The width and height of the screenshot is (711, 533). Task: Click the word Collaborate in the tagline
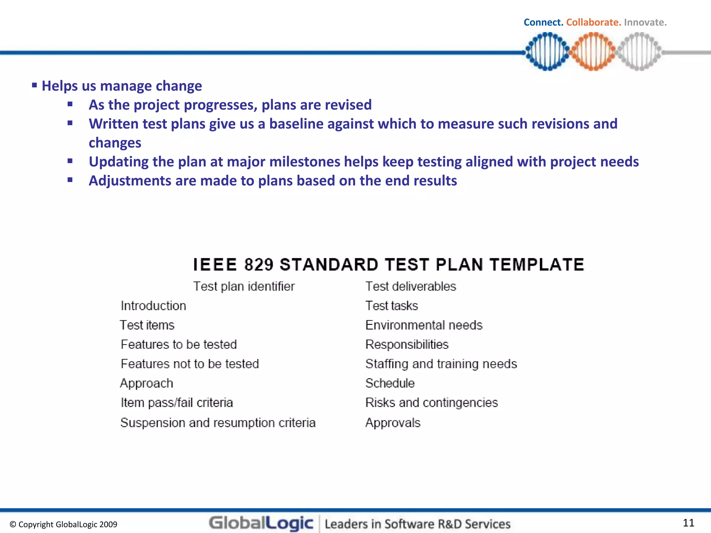click(x=593, y=23)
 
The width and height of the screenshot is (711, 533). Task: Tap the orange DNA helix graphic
click(x=593, y=51)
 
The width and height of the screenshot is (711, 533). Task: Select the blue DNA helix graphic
click(x=547, y=51)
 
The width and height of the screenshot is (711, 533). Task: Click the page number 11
click(x=688, y=523)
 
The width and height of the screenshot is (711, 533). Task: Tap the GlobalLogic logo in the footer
click(x=261, y=523)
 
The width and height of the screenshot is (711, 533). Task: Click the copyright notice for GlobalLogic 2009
click(x=64, y=524)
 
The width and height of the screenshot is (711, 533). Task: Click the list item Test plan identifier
click(x=244, y=287)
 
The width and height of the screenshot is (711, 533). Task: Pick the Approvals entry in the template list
click(x=393, y=423)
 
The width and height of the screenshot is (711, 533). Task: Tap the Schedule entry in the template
click(x=390, y=383)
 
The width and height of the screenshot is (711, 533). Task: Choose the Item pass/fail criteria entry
click(x=176, y=403)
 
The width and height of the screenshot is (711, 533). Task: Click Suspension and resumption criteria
click(x=218, y=423)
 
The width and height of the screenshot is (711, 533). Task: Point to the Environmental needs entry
click(x=424, y=325)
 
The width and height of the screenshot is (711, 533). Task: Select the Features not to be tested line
click(x=190, y=364)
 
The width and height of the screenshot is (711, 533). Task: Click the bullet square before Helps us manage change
click(x=34, y=85)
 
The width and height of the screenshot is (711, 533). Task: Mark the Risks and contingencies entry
click(x=432, y=403)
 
